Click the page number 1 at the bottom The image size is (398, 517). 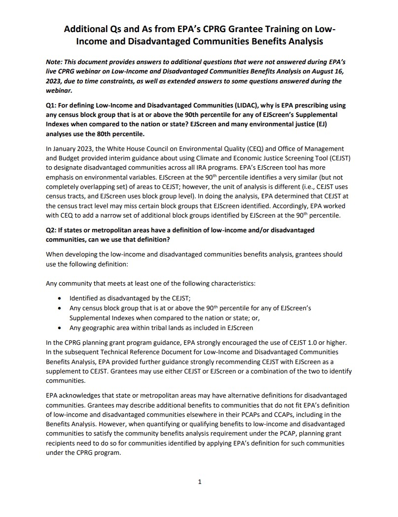[199, 482]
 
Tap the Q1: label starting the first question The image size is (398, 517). [52, 105]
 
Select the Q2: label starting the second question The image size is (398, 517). [52, 230]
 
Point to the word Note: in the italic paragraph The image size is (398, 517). [55, 63]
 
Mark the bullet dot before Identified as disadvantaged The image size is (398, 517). [60, 298]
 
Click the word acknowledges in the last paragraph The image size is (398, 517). [81, 396]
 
